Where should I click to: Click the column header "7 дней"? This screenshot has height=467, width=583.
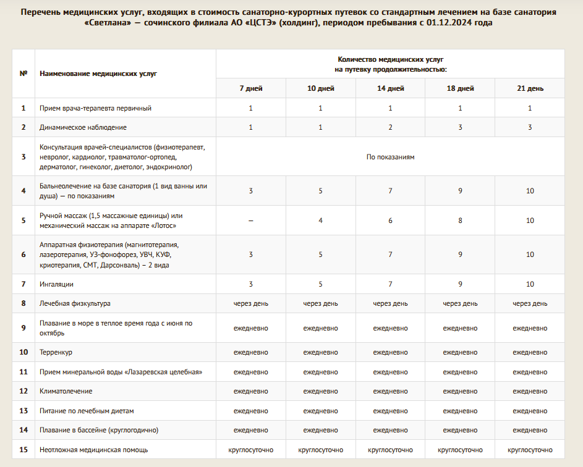click(x=251, y=88)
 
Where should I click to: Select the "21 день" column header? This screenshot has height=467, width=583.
click(x=530, y=88)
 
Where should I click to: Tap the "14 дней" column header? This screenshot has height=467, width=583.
click(x=390, y=88)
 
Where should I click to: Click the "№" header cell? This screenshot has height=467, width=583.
click(x=23, y=73)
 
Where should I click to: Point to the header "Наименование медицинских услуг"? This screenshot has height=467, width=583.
click(x=98, y=73)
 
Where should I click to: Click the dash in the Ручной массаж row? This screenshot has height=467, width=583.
click(x=251, y=221)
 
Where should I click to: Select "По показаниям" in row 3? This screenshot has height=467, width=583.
click(x=390, y=157)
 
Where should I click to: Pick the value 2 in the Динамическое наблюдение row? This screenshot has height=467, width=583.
click(x=390, y=127)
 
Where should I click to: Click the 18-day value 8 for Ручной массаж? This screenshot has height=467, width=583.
click(x=460, y=221)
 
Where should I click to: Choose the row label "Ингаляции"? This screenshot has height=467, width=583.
click(x=56, y=284)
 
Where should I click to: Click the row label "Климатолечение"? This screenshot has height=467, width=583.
click(x=66, y=391)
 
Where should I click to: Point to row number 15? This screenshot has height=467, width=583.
click(x=23, y=450)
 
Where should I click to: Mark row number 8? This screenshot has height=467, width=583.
click(x=23, y=303)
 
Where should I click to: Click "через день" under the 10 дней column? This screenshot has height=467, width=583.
click(x=321, y=303)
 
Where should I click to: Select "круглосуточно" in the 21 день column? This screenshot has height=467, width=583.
click(x=530, y=450)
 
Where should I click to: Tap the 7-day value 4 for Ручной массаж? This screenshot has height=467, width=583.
click(x=321, y=221)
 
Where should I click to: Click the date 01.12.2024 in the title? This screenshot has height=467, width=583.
click(x=457, y=22)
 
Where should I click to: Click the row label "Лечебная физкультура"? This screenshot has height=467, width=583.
click(x=75, y=303)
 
